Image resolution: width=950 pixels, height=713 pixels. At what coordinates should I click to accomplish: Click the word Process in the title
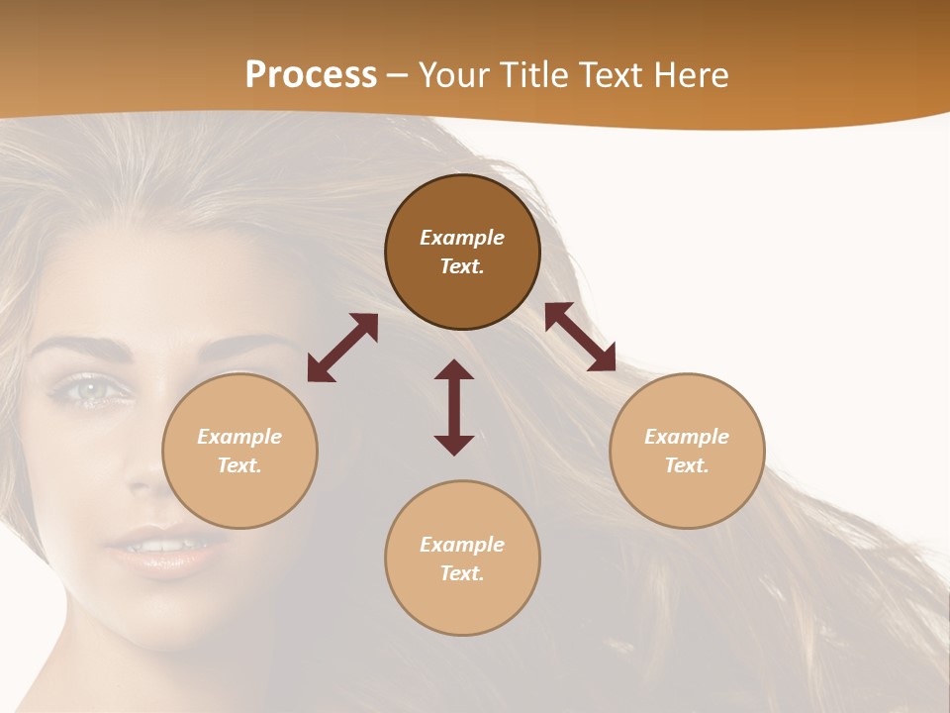click(311, 75)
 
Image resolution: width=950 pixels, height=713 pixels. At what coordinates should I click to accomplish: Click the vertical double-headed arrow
click(454, 407)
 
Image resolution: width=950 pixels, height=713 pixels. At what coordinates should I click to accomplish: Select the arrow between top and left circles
click(342, 348)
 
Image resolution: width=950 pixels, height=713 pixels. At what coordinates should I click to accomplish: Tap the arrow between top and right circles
click(580, 337)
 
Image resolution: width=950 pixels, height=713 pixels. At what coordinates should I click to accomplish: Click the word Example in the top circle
click(462, 238)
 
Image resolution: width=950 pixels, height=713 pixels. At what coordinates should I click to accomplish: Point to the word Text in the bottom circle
click(462, 573)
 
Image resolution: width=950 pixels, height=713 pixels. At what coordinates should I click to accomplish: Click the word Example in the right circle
click(687, 437)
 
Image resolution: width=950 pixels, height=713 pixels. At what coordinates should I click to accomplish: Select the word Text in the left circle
click(239, 465)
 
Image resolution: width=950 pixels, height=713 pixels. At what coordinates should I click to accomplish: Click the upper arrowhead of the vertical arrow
click(454, 370)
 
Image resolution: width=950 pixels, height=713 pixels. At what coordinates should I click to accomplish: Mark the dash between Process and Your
click(398, 76)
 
